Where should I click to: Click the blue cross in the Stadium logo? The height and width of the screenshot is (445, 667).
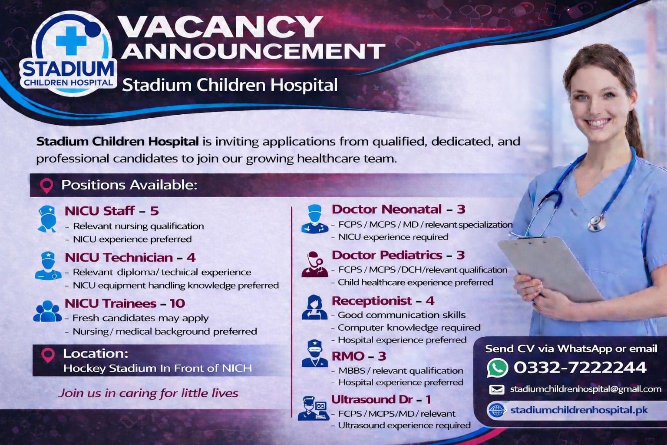tap(71, 41)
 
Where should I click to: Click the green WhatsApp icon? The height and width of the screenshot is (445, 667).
tap(497, 368)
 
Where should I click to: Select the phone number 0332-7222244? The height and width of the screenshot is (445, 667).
tap(580, 367)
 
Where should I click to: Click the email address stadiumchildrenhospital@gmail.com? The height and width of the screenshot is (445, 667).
tap(586, 389)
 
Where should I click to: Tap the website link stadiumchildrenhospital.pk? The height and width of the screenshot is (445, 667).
tap(579, 410)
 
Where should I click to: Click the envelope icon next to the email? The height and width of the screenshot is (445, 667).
tap(497, 389)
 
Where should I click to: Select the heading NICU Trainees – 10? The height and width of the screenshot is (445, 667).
tap(125, 303)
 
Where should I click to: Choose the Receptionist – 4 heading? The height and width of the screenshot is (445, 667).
tap(383, 301)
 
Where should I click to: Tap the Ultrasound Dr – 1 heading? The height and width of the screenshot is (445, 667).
tap(381, 399)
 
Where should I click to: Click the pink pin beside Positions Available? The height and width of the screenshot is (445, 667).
tap(47, 186)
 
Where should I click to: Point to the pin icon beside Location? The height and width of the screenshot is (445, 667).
tap(48, 355)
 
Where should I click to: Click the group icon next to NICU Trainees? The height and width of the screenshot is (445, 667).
tap(47, 311)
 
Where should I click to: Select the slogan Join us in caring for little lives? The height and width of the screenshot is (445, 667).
tap(148, 393)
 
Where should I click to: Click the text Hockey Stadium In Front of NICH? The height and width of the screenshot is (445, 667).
tap(158, 369)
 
